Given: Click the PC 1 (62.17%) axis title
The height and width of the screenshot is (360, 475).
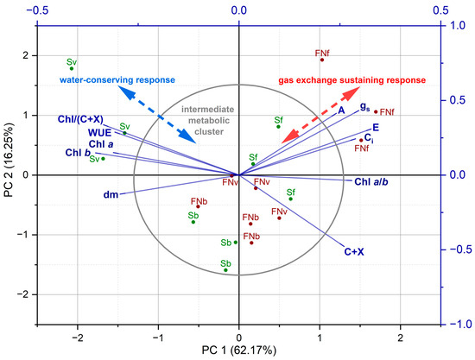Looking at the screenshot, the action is pos(239,351).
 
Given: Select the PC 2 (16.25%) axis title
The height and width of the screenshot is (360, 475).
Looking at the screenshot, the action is pos(9,160).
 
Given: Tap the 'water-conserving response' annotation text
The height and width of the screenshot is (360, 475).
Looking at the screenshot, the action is pos(117,80).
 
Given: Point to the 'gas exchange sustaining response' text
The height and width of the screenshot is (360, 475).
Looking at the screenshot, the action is pos(352,80).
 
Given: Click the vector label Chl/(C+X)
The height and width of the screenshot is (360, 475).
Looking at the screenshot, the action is pos(80,119).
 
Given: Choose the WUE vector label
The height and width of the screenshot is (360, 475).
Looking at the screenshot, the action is pos(99,133).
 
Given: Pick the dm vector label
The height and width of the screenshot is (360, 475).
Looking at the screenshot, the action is pos(111,194).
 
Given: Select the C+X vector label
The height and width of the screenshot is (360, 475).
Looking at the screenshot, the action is pos(354,251).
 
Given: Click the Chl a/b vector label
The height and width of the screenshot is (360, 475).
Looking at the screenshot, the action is pos(371,181).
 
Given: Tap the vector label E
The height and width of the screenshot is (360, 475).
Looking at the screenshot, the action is pos(376,128).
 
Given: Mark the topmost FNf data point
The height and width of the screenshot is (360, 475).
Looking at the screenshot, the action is pos(322,60).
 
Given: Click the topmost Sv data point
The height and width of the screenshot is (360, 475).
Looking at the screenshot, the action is pos(72,68).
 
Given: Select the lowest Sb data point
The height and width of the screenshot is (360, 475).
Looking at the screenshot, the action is pos(225,270).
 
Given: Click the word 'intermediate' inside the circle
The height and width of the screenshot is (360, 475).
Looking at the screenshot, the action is pos(208,110).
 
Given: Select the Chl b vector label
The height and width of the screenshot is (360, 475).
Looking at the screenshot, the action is pos(78,153).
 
